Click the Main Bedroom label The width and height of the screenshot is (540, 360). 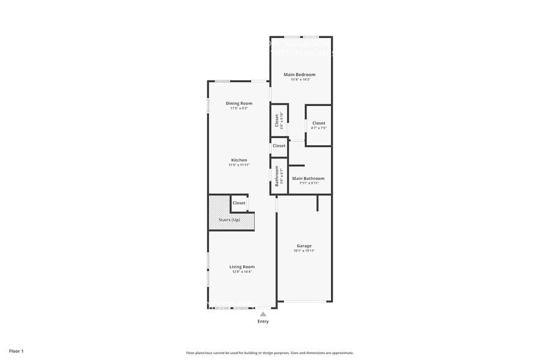pyautogui.click(x=299, y=75)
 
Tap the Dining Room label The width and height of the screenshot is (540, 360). pyautogui.click(x=239, y=103)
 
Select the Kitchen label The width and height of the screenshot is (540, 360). pyautogui.click(x=239, y=160)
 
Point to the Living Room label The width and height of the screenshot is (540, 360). pyautogui.click(x=242, y=266)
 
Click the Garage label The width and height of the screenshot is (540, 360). pyautogui.click(x=304, y=246)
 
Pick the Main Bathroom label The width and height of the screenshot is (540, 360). pyautogui.click(x=308, y=178)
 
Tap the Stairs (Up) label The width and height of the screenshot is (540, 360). pyautogui.click(x=230, y=220)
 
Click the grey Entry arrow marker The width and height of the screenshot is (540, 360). pyautogui.click(x=263, y=314)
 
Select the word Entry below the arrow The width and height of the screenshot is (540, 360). pyautogui.click(x=263, y=321)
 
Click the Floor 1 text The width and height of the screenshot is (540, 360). pyautogui.click(x=16, y=351)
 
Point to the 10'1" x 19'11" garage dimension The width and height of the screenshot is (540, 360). pyautogui.click(x=304, y=250)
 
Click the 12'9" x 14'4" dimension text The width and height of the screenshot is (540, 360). pyautogui.click(x=242, y=271)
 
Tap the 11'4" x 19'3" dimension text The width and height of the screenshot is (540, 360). pyautogui.click(x=299, y=80)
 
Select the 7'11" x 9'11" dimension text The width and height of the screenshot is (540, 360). pyautogui.click(x=309, y=182)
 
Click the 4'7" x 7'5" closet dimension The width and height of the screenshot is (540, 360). pyautogui.click(x=318, y=128)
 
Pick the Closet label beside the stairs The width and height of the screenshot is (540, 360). pyautogui.click(x=239, y=203)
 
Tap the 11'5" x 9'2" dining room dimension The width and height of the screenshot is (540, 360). pyautogui.click(x=239, y=108)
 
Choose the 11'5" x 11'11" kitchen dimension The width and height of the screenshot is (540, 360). pyautogui.click(x=239, y=165)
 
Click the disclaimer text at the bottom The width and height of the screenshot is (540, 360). pyautogui.click(x=269, y=353)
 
